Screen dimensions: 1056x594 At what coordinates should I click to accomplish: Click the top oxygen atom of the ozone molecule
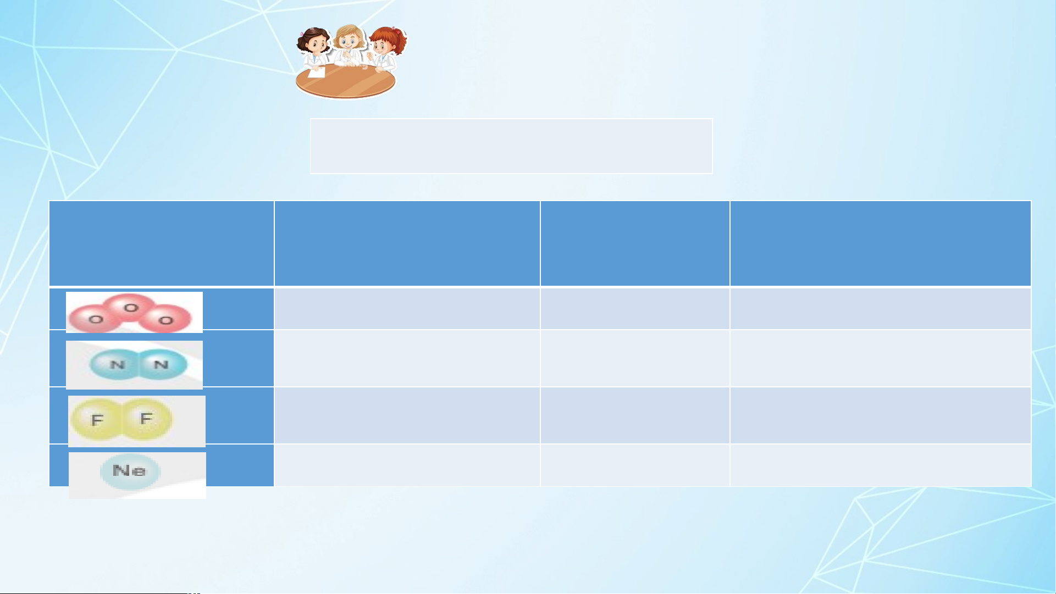130,308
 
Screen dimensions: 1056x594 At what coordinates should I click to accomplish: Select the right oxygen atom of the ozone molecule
166,319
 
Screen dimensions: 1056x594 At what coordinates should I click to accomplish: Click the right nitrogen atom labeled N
161,364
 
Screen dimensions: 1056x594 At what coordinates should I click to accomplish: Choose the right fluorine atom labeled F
146,419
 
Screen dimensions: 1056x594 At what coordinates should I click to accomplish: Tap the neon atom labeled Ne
130,471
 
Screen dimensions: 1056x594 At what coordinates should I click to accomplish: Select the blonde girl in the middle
349,47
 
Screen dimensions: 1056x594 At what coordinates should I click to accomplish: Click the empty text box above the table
511,146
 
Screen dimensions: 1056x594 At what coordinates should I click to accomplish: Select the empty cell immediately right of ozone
407,309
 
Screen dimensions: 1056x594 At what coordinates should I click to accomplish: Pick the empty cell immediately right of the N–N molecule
407,358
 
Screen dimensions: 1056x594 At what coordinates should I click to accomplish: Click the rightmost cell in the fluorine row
881,415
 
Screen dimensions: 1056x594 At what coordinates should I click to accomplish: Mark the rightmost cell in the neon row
881,465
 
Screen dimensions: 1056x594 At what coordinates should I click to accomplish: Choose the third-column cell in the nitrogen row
635,358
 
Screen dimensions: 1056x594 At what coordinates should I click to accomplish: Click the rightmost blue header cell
881,243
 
